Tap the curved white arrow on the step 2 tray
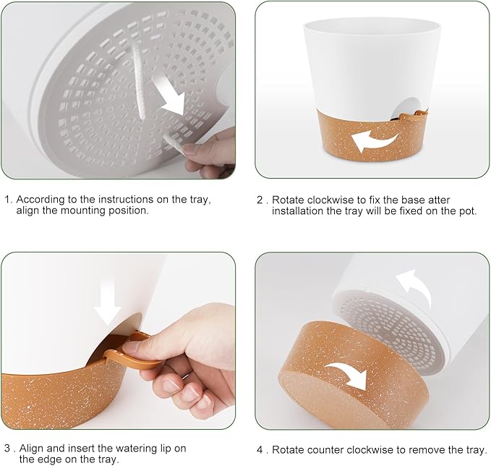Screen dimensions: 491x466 (x=373, y=142)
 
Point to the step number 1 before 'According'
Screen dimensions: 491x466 (x=8, y=199)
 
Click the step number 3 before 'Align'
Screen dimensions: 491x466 (x=8, y=449)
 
